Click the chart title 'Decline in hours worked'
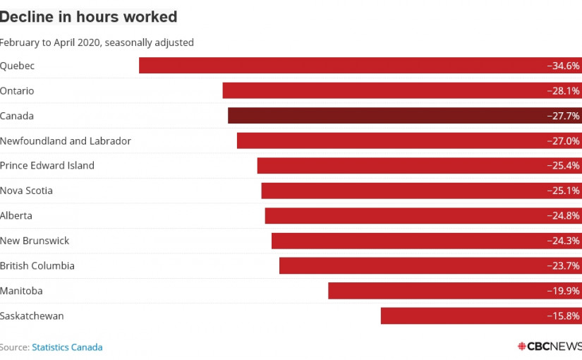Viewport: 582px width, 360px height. click(88, 16)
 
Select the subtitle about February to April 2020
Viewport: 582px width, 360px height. click(97, 42)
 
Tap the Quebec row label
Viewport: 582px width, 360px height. click(18, 66)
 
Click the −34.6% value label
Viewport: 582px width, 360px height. click(563, 66)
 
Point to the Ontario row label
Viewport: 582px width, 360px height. click(17, 91)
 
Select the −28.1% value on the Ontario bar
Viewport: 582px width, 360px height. click(563, 91)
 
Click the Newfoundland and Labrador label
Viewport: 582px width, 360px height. click(66, 141)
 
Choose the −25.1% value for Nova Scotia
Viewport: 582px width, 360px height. click(563, 191)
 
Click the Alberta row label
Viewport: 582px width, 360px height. click(16, 216)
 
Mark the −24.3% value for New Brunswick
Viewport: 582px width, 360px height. click(563, 241)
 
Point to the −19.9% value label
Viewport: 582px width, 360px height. click(563, 291)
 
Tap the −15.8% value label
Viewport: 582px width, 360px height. click(563, 316)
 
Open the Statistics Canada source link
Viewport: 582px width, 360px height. click(67, 347)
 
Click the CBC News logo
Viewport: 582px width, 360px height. click(548, 347)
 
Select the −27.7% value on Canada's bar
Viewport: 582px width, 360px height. click(563, 116)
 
